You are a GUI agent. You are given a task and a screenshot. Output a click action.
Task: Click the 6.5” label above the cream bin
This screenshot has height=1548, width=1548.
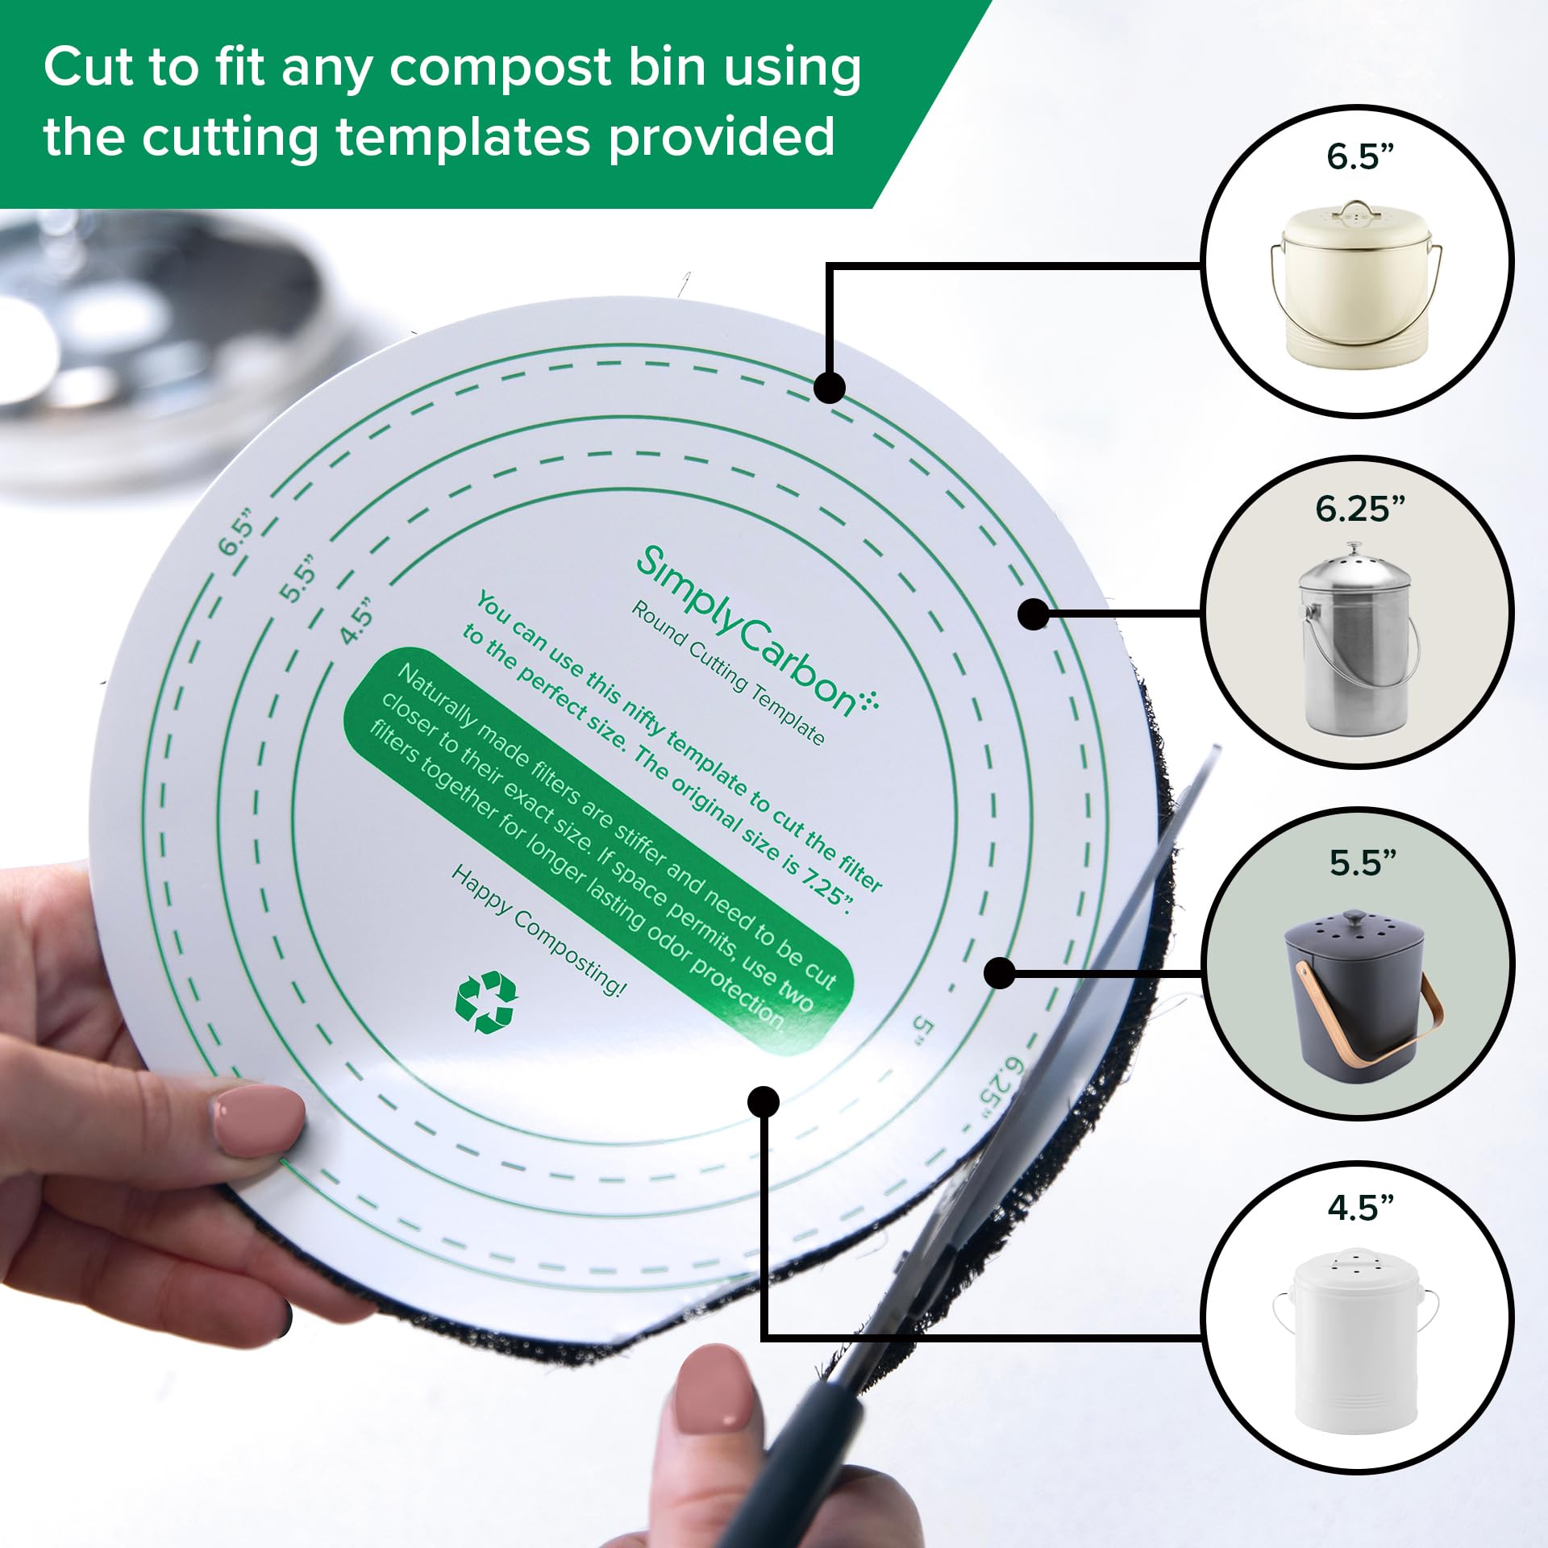point(1360,156)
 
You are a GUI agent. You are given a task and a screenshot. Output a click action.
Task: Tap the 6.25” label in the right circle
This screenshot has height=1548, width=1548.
point(1360,509)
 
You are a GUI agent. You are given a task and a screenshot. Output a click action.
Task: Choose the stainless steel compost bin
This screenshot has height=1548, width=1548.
point(1357,641)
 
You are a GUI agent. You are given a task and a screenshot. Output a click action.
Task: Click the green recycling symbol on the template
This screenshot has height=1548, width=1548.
point(485,1002)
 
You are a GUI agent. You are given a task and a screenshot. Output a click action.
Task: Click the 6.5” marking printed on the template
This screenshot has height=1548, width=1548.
point(237,531)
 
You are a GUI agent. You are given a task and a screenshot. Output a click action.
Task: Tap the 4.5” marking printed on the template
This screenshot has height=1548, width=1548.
point(357,622)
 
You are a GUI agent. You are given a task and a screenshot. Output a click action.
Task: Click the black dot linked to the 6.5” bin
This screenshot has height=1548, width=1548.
point(829,387)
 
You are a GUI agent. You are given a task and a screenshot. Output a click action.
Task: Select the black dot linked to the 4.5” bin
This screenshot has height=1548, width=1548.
point(763,1101)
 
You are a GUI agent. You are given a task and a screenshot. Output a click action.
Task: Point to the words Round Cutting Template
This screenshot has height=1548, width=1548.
point(727,673)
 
